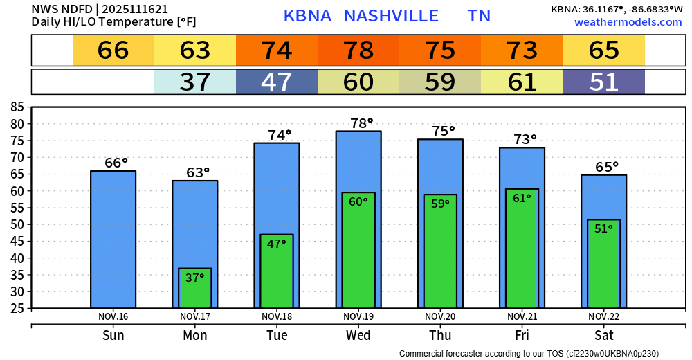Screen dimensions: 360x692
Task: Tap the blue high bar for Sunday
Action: [x=113, y=239]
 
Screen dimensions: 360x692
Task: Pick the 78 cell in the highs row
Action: [x=358, y=51]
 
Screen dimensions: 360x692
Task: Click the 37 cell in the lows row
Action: [x=195, y=82]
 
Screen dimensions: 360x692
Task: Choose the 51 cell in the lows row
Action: [x=603, y=82]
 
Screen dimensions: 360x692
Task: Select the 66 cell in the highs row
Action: [x=113, y=51]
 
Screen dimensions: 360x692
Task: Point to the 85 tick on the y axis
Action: [x=17, y=107]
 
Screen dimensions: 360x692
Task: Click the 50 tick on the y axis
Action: [x=17, y=224]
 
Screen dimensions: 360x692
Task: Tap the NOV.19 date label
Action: [x=358, y=316]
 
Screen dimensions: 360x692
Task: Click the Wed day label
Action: [x=358, y=336]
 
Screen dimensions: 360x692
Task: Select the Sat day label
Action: [x=603, y=336]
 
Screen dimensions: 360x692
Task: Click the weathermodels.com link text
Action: [x=628, y=22]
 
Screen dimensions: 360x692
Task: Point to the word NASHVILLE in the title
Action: [x=391, y=16]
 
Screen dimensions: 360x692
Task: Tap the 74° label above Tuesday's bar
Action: [x=276, y=135]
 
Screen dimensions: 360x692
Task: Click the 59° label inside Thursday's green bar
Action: [x=440, y=204]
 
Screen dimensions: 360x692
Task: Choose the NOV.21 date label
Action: [x=522, y=316]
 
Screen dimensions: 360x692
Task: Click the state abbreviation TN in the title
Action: [x=479, y=16]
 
